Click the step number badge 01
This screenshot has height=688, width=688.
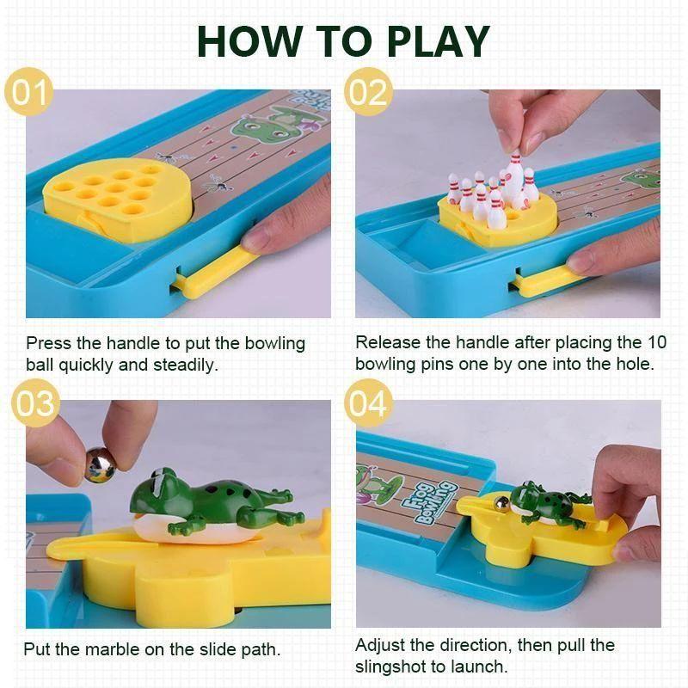29,91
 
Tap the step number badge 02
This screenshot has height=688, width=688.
367,91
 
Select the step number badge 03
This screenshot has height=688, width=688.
34,402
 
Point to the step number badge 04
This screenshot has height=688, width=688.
367,402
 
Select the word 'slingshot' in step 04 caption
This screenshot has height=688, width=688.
395,666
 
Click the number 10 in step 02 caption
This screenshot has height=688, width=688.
655,342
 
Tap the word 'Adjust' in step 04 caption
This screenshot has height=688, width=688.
380,645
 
